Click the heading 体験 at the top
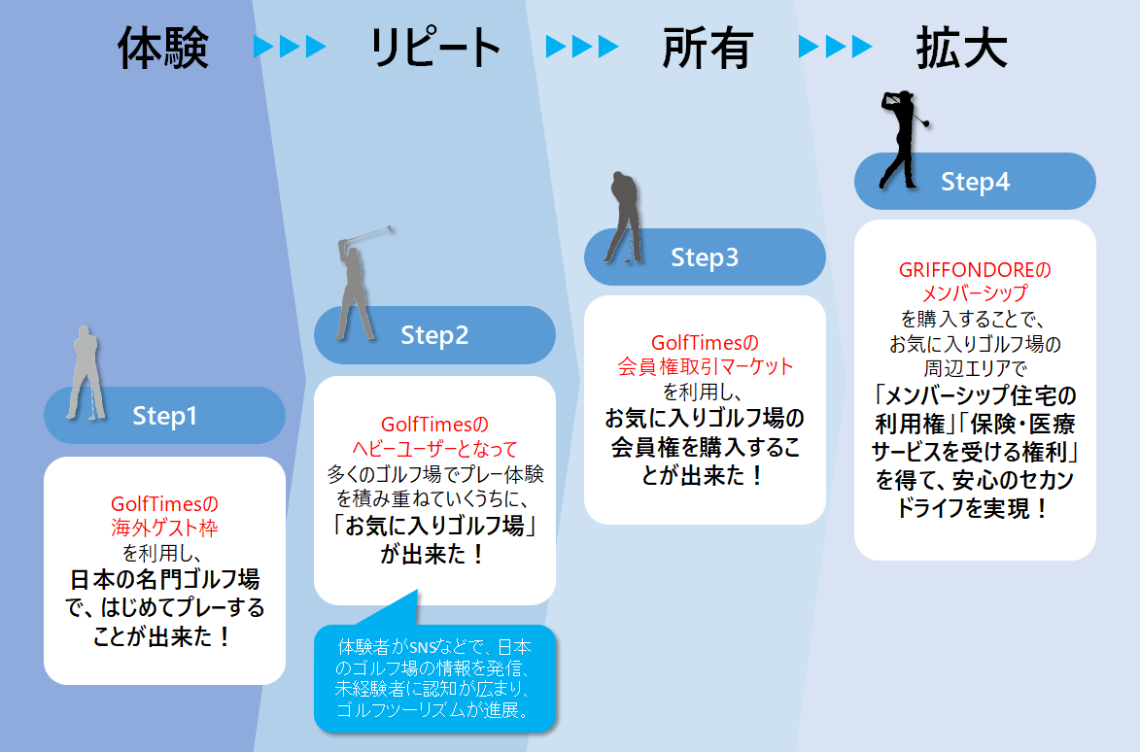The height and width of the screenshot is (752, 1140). (x=163, y=48)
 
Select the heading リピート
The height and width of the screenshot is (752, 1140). (x=434, y=48)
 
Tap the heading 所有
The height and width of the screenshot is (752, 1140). (x=708, y=48)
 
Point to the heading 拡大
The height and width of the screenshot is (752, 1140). (x=960, y=48)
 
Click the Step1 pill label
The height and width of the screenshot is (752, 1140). (x=165, y=416)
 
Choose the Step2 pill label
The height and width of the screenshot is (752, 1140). (x=434, y=335)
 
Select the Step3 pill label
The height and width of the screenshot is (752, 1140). (x=705, y=257)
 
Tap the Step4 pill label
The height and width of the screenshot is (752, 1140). (x=975, y=182)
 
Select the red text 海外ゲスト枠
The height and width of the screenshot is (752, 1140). (x=165, y=529)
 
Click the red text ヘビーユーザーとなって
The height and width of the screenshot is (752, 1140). (x=434, y=449)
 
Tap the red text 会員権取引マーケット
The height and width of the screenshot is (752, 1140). (x=705, y=367)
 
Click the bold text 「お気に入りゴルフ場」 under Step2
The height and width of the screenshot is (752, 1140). (x=434, y=528)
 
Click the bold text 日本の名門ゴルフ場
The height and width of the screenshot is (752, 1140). (x=165, y=580)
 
